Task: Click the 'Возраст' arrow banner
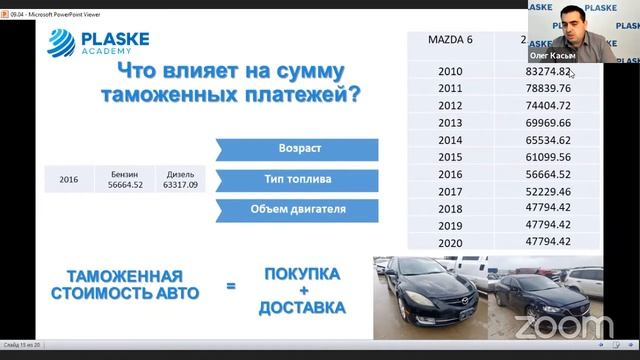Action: point(296,149)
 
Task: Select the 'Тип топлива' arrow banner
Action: point(296,180)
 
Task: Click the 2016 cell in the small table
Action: point(68,181)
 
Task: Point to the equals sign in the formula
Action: point(230,287)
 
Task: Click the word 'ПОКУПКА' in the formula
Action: point(301,274)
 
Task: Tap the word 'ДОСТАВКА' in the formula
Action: point(301,307)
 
